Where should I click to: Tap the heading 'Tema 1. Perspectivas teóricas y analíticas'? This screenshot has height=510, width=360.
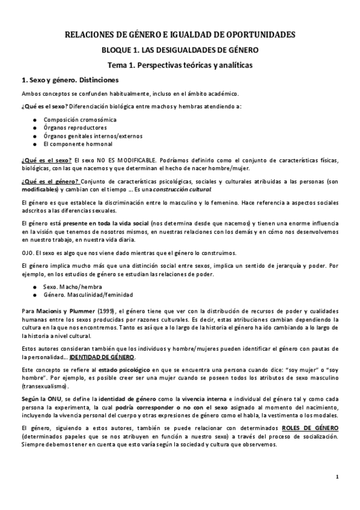coord(180,64)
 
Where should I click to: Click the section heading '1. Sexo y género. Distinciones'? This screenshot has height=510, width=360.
coord(70,79)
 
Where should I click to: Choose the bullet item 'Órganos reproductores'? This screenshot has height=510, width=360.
coord(75,127)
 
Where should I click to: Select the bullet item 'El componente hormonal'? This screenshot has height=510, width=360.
coord(78,144)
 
